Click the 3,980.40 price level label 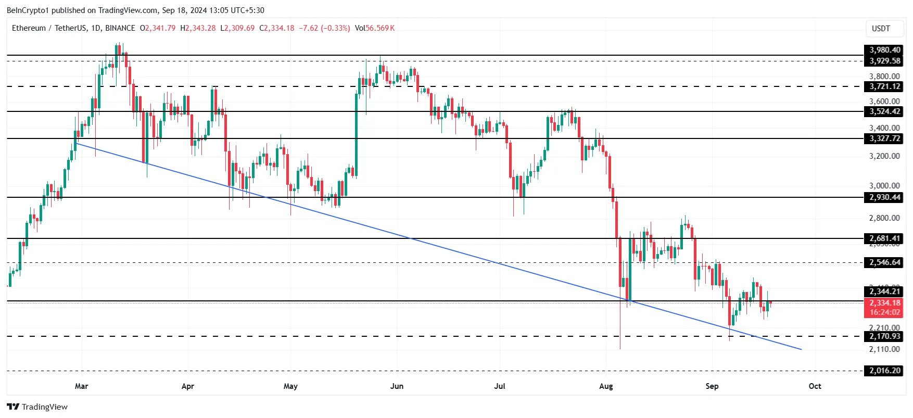pos(884,50)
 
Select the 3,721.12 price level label pos(884,86)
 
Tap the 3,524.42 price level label pos(884,111)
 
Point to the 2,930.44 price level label pos(884,197)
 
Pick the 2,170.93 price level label pos(884,336)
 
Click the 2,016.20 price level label pos(884,371)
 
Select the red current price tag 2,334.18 pos(884,303)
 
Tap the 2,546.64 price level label pos(884,262)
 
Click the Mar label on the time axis pos(82,386)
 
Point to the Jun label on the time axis pos(397,386)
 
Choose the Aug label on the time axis pos(606,386)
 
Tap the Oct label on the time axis pos(815,386)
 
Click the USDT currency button pos(881,29)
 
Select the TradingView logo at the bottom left pos(37,407)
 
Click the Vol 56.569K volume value pos(375,28)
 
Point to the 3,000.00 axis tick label pos(884,185)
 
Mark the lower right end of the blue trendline pos(801,349)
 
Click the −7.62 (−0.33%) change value pos(324,28)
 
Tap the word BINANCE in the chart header pos(120,28)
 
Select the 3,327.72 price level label pos(884,138)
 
